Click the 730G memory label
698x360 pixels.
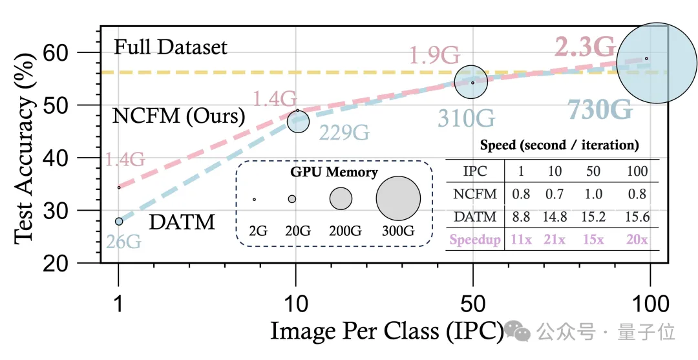click(601, 110)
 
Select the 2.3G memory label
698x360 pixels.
click(586, 47)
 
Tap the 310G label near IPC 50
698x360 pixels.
click(467, 118)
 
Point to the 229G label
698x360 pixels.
click(343, 132)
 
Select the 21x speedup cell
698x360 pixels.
click(553, 240)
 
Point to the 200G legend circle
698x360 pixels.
click(341, 198)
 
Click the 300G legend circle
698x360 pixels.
click(398, 198)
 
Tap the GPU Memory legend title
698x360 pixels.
click(334, 172)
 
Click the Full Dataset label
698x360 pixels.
click(171, 47)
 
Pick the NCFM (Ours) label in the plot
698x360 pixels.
click(179, 116)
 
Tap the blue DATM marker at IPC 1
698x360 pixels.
click(119, 221)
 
